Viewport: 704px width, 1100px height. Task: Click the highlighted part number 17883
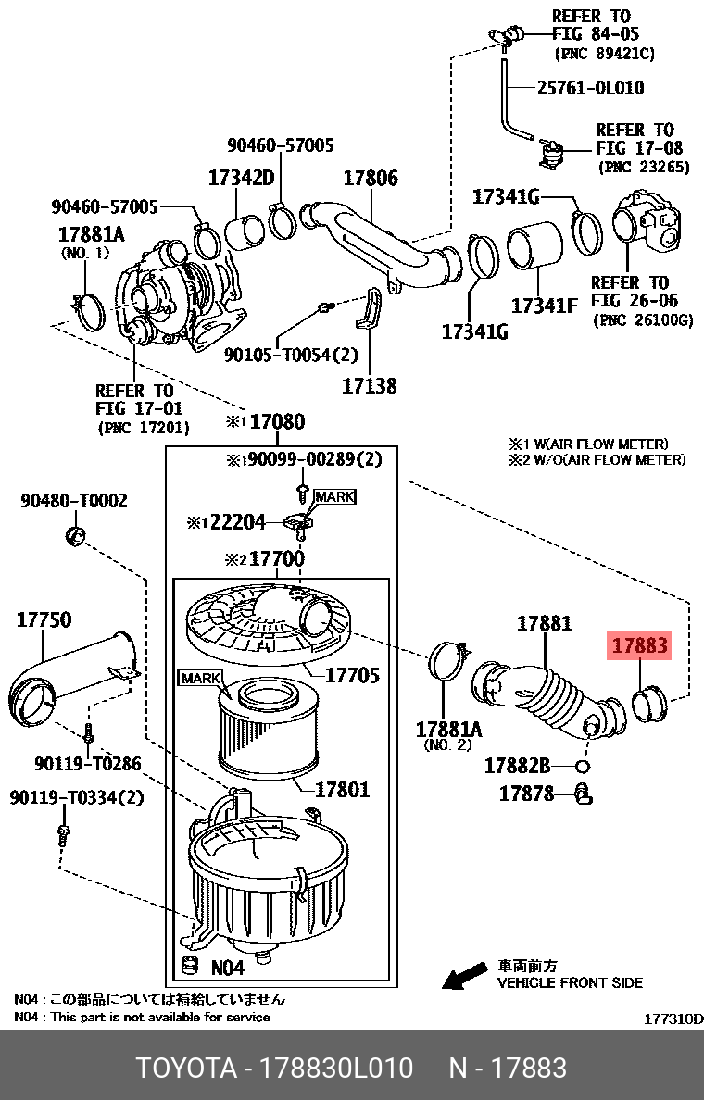[x=638, y=645]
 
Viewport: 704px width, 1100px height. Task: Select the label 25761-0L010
[x=590, y=88]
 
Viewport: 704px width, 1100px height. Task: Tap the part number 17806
[x=371, y=179]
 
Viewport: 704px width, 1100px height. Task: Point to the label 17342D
[x=241, y=178]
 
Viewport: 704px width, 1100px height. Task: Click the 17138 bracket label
[x=370, y=386]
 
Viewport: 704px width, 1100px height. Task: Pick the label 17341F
[x=544, y=305]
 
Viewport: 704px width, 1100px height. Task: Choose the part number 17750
[x=44, y=619]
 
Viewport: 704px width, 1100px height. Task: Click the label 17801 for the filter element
[x=342, y=790]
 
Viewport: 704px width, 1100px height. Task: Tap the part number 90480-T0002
[x=74, y=501]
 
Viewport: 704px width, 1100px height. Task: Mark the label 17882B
[x=517, y=766]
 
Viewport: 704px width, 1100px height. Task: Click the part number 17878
[x=526, y=794]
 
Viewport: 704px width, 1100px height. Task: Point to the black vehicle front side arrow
[x=464, y=974]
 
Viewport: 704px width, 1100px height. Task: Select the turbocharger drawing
[x=176, y=296]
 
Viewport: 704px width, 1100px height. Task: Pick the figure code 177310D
[x=673, y=1019]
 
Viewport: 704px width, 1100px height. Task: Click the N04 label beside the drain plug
[x=227, y=968]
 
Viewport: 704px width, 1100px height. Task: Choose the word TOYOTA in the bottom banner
[x=186, y=1068]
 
